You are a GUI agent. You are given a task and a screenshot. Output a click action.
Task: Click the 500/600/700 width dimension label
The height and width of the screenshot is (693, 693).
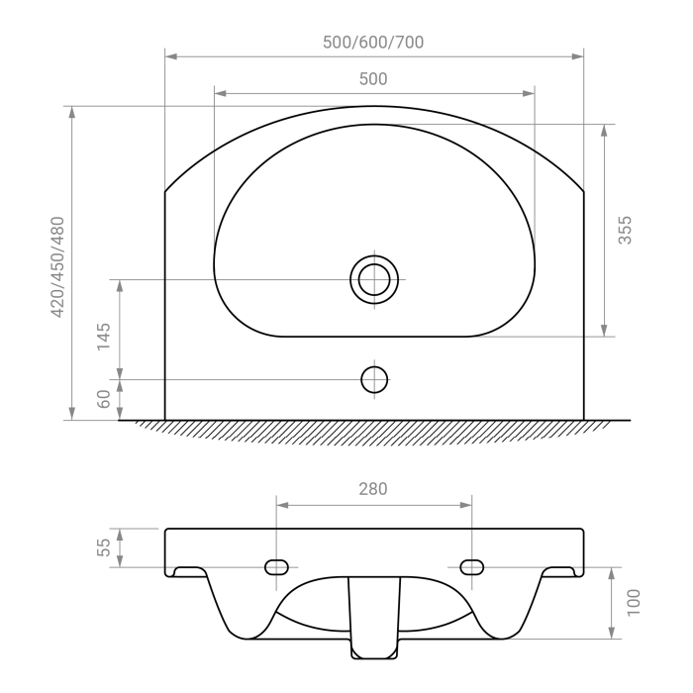(x=373, y=42)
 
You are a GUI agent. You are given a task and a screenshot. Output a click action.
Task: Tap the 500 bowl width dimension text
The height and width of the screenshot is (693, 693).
(x=373, y=78)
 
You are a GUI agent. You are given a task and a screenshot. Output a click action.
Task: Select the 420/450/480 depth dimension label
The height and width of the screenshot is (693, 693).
(x=57, y=267)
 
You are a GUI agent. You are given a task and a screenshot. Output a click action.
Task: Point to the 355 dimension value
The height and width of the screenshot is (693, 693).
(x=625, y=230)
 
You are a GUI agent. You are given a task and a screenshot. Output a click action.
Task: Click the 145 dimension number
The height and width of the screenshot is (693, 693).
(x=103, y=337)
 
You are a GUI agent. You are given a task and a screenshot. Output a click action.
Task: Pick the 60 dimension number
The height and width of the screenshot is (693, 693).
(x=103, y=399)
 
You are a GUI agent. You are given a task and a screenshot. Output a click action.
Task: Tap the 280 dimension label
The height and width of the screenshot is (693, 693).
(x=373, y=489)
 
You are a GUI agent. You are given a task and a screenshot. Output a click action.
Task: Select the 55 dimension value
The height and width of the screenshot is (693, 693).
(x=103, y=547)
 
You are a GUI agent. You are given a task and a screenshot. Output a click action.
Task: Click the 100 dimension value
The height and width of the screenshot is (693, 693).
(x=633, y=602)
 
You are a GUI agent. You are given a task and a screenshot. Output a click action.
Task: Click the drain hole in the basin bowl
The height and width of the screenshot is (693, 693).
(x=374, y=280)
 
